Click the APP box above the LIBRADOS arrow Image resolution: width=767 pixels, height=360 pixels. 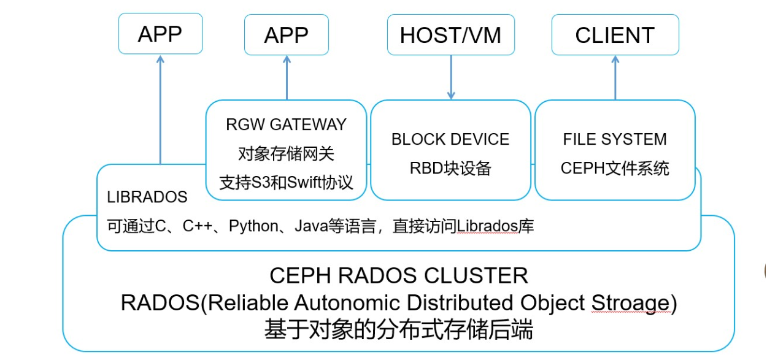pyautogui.click(x=160, y=34)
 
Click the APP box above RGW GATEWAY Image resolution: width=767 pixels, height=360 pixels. pyautogui.click(x=287, y=35)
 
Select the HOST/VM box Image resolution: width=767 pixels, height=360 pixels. pyautogui.click(x=450, y=35)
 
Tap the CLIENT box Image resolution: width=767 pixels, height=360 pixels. pyautogui.click(x=615, y=35)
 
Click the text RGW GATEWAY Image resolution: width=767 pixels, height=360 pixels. pyautogui.click(x=286, y=124)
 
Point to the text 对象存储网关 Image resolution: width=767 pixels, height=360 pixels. pyautogui.click(x=286, y=153)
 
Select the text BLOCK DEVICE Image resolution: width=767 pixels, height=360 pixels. pyautogui.click(x=450, y=139)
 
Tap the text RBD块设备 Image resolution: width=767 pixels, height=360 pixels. pyautogui.click(x=450, y=168)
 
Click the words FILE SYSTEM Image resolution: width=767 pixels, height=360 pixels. pyautogui.click(x=615, y=139)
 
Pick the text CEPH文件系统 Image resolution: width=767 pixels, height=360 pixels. pyautogui.click(x=615, y=168)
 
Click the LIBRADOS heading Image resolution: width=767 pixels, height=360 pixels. pyautogui.click(x=147, y=197)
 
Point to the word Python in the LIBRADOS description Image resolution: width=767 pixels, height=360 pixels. pyautogui.click(x=253, y=226)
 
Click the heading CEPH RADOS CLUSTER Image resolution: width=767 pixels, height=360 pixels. pyautogui.click(x=399, y=275)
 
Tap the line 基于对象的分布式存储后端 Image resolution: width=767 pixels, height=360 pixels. pyautogui.click(x=399, y=331)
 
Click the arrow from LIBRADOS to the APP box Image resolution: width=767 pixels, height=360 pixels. pyautogui.click(x=161, y=110)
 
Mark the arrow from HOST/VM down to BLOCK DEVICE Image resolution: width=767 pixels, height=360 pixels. pyautogui.click(x=451, y=77)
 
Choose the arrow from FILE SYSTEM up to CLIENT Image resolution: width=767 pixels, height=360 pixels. pyautogui.click(x=615, y=77)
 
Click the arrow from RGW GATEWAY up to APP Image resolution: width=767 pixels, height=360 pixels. pyautogui.click(x=287, y=77)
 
